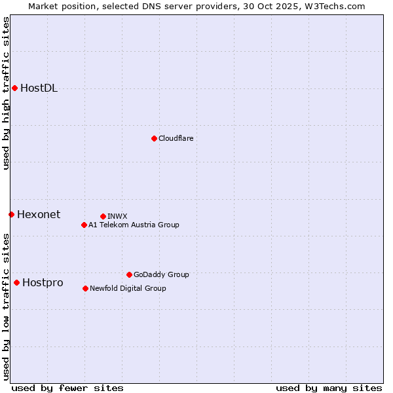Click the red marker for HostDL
click(x=14, y=88)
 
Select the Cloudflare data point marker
click(x=154, y=138)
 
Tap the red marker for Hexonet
click(x=11, y=214)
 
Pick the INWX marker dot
click(x=103, y=216)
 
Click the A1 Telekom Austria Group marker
click(x=84, y=225)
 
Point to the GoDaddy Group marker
click(x=129, y=274)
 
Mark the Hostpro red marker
click(x=16, y=282)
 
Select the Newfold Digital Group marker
click(x=85, y=288)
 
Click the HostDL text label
click(x=39, y=88)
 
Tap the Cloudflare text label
click(x=176, y=138)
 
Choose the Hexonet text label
click(x=38, y=214)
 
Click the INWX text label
click(x=117, y=216)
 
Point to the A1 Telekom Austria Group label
click(x=134, y=225)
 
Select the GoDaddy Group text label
click(x=161, y=274)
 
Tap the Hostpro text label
click(x=43, y=283)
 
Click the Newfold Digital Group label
click(x=128, y=288)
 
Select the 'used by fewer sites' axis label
click(x=67, y=388)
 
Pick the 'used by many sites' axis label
click(x=328, y=388)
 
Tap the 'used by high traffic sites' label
click(x=6, y=93)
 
